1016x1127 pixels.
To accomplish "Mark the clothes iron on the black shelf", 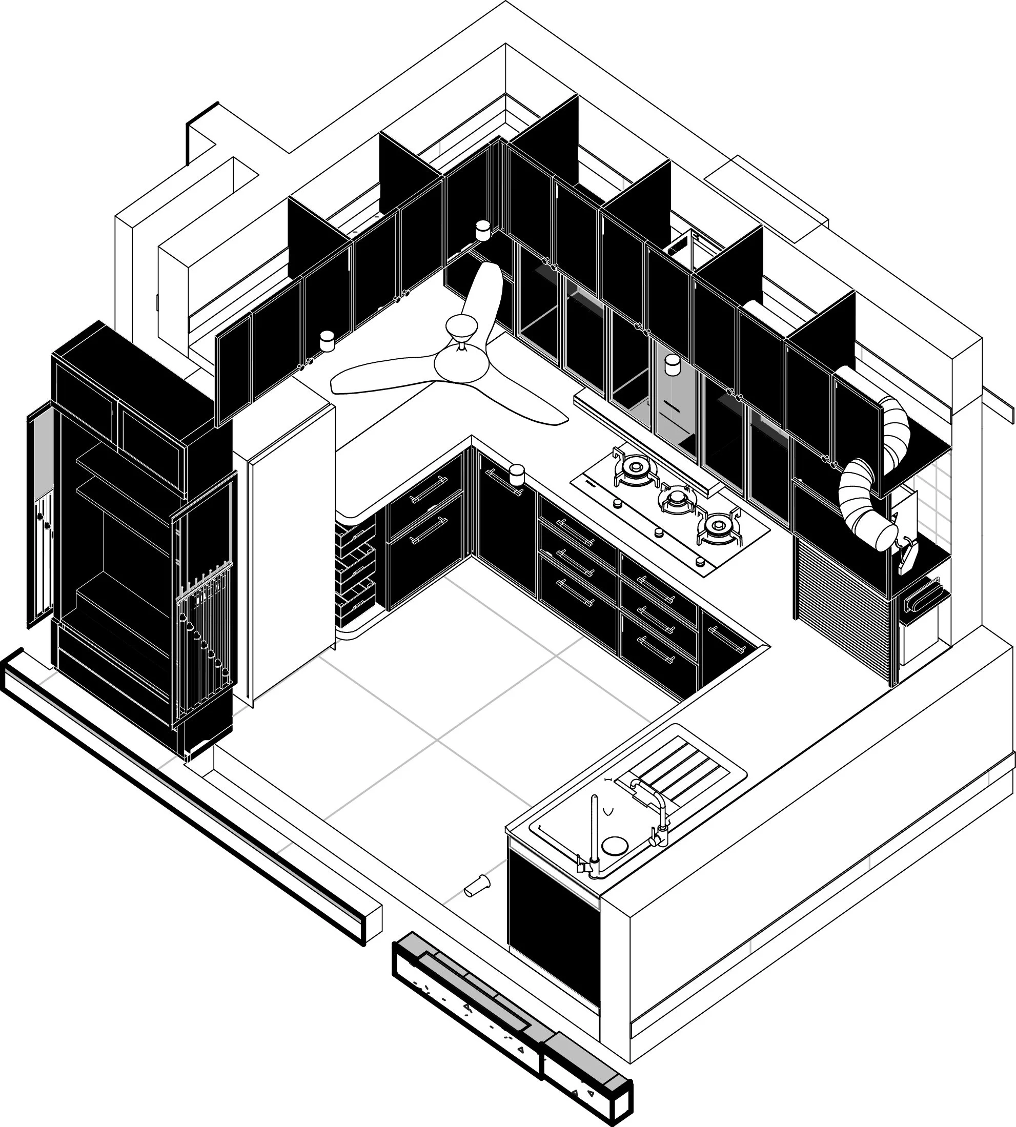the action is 908,556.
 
